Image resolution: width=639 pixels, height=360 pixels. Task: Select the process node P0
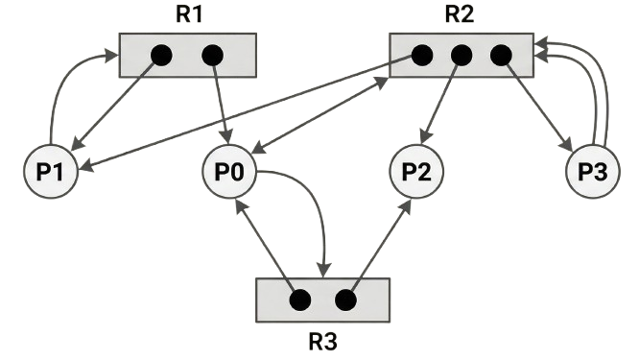229,174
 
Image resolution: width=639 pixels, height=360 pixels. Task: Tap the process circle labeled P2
416,174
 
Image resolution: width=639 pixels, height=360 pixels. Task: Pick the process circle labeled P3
591,174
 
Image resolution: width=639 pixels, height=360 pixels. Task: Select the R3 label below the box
322,341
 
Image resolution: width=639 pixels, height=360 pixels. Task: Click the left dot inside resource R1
160,55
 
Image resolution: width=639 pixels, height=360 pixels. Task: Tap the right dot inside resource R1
212,55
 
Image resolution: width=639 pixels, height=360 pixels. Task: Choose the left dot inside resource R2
421,56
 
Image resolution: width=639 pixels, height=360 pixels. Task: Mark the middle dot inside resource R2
461,56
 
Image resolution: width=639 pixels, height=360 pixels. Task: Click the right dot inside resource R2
499,56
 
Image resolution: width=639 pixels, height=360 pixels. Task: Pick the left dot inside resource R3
299,300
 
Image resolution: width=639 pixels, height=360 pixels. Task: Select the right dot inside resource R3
345,300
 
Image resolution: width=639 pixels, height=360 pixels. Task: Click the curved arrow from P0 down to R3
317,202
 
